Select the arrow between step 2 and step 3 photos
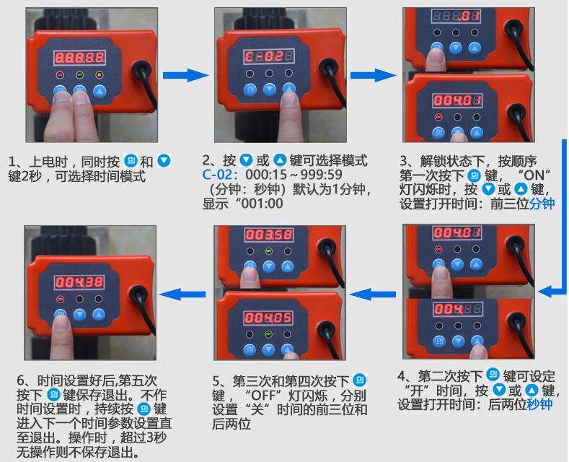click(x=374, y=74)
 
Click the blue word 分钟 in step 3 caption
click(x=541, y=204)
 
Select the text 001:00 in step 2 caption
click(x=263, y=204)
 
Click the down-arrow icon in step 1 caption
click(x=164, y=160)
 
